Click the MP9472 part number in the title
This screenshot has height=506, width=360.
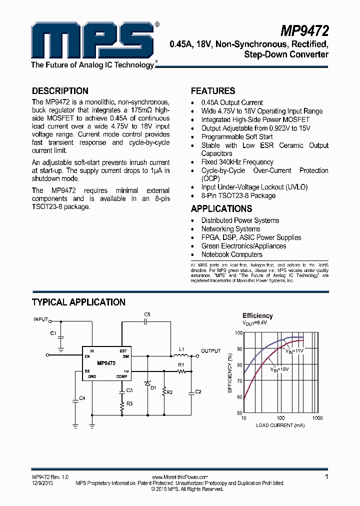[x=304, y=31]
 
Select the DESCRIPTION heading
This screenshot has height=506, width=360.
[x=60, y=91]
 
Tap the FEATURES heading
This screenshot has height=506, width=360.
[x=213, y=91]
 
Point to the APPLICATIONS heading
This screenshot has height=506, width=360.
[x=221, y=209]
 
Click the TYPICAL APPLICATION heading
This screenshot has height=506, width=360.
[x=78, y=302]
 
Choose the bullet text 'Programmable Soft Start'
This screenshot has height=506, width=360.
[x=237, y=136]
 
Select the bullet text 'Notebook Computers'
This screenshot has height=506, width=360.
[x=232, y=254]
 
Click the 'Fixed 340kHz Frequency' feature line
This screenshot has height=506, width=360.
[x=237, y=162]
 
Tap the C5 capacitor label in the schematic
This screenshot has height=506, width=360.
[x=147, y=314]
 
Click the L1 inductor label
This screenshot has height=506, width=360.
[x=181, y=349]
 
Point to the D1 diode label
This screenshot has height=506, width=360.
[x=153, y=387]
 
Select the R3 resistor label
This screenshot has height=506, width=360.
[x=129, y=403]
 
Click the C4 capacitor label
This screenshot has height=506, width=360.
[x=82, y=398]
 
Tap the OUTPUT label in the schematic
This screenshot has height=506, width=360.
[x=210, y=351]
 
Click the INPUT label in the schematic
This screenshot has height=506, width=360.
[x=40, y=319]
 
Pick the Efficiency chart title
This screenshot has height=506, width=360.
[x=257, y=315]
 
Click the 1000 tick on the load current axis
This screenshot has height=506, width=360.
[x=317, y=417]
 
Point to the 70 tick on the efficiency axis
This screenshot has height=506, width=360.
[x=239, y=381]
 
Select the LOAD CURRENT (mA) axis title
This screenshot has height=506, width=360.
[x=280, y=425]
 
